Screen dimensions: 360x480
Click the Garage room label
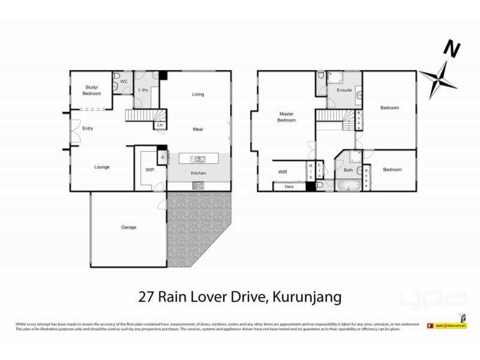click(129, 227)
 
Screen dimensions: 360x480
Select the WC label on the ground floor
click(124, 81)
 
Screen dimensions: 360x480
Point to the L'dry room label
click(143, 90)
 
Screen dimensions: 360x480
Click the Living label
click(198, 94)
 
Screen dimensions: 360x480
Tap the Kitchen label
click(199, 173)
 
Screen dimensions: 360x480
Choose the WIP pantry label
click(150, 170)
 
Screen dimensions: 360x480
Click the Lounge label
click(101, 167)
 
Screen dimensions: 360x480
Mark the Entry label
click(88, 128)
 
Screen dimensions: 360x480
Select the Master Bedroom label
click(286, 117)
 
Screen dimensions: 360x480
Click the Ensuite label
click(344, 91)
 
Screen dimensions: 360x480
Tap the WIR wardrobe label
click(283, 172)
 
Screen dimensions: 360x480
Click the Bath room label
click(348, 170)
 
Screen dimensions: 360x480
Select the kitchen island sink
click(198, 159)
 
